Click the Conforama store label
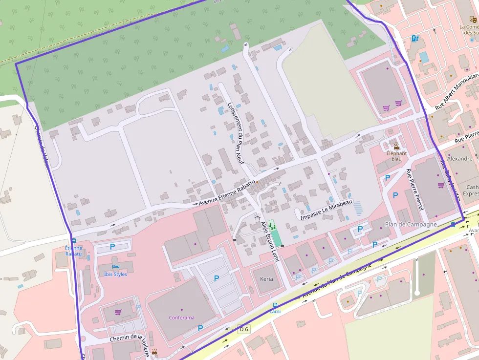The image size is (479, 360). (x=181, y=318)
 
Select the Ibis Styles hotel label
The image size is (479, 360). (x=115, y=274)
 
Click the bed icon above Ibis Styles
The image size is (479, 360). (x=115, y=267)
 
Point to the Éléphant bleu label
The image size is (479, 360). (x=396, y=156)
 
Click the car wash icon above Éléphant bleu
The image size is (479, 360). (x=396, y=146)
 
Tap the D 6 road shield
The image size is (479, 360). (x=243, y=329)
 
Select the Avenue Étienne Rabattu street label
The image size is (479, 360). (x=227, y=192)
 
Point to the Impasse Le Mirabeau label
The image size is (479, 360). (x=326, y=209)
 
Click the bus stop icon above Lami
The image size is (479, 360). (x=275, y=305)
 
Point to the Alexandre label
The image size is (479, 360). (x=460, y=159)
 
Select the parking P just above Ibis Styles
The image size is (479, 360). (x=112, y=247)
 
